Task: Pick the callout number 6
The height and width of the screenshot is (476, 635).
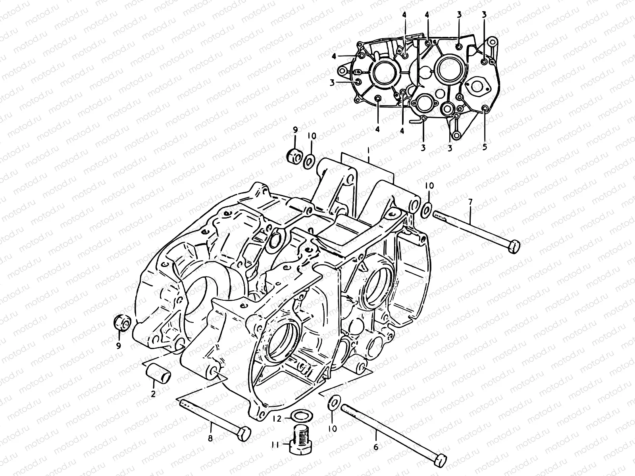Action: point(375,447)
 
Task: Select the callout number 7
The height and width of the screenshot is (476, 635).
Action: point(470,202)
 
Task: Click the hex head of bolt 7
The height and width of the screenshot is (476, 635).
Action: point(514,246)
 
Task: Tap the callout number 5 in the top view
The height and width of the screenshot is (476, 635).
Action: point(485,147)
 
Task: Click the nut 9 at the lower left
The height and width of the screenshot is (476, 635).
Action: point(121,322)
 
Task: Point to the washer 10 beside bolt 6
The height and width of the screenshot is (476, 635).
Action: point(333,403)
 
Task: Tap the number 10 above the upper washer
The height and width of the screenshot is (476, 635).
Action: point(312,136)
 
